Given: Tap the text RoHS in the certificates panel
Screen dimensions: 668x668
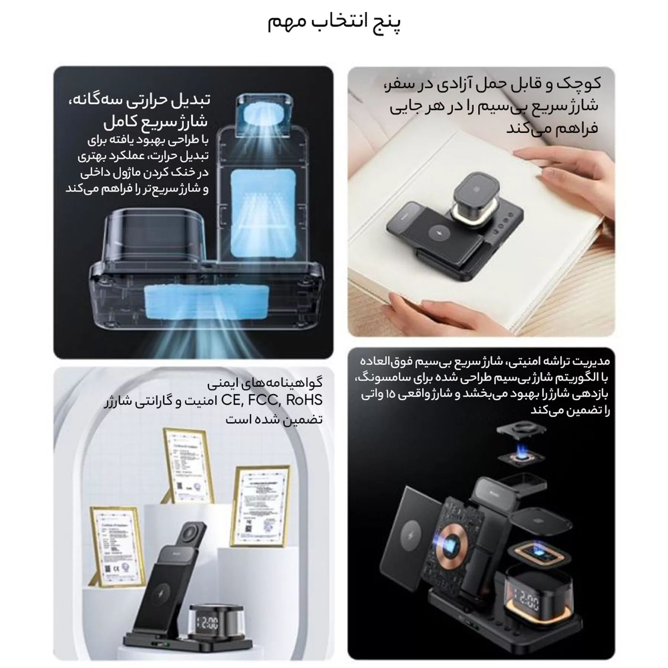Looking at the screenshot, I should pos(304,400).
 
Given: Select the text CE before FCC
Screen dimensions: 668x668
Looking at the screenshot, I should pos(231,400).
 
